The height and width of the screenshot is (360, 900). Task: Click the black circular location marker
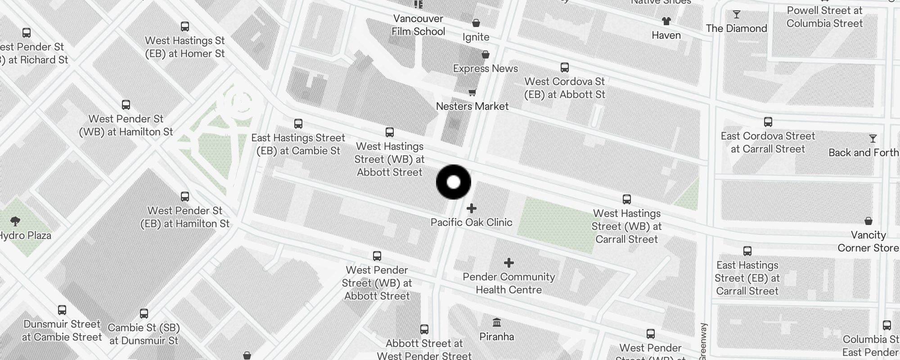click(x=454, y=182)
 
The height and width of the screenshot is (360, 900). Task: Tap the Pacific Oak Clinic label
click(x=471, y=222)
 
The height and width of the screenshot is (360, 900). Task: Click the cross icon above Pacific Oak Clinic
click(x=472, y=208)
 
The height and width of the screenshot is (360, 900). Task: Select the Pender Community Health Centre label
click(x=508, y=283)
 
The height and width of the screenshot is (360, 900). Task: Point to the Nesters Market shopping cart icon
click(x=472, y=93)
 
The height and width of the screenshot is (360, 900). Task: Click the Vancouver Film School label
click(x=418, y=25)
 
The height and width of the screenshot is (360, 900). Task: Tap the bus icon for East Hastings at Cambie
click(x=298, y=124)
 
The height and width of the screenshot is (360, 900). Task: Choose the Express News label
click(x=485, y=69)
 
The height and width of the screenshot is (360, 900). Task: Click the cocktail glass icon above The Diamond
click(x=737, y=15)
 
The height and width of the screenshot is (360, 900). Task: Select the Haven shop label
click(x=666, y=36)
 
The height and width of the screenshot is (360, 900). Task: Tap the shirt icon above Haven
click(x=666, y=21)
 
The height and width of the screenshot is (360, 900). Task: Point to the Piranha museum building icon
click(x=497, y=322)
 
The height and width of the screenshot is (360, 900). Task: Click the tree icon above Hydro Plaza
click(x=15, y=221)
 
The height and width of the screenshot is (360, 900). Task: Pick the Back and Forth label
click(x=863, y=153)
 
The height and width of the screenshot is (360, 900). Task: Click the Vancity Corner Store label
click(x=868, y=241)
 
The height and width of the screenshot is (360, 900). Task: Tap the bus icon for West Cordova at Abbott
click(x=565, y=67)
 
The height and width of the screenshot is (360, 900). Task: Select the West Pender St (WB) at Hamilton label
click(x=126, y=126)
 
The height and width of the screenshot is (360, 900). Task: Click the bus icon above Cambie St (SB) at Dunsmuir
click(x=144, y=313)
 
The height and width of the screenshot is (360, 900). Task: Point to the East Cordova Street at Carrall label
click(x=768, y=142)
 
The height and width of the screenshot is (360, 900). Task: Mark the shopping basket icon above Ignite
click(x=476, y=23)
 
